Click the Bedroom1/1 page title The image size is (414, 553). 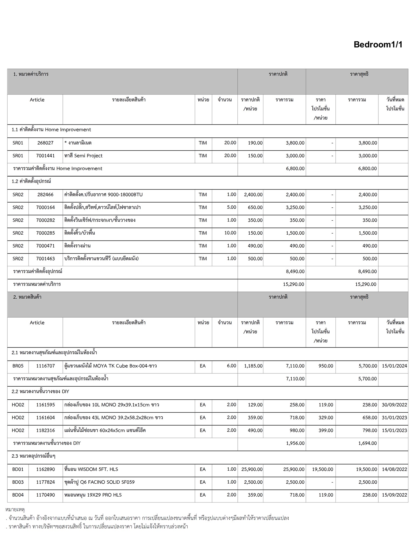coord(378,45)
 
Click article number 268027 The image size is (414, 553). coord(45,143)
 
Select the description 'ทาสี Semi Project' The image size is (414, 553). coord(83,156)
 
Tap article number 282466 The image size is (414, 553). coord(45,195)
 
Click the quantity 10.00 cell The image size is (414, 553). coord(230,233)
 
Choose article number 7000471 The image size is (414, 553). coord(45,246)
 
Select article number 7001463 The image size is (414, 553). coord(45,259)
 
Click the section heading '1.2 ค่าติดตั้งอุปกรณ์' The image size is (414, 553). coord(31,181)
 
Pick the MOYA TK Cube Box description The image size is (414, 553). coord(111,366)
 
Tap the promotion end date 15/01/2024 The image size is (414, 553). coord(394,366)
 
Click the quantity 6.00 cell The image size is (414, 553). coord(231,366)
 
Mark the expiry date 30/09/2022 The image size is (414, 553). coord(394,405)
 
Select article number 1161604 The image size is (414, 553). coord(45,418)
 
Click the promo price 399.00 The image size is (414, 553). coord(326,430)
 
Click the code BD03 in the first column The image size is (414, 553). coord(18,482)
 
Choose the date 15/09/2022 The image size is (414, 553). coord(394,495)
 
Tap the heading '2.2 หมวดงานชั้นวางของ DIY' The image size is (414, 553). coord(40,392)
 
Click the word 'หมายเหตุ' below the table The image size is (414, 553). coord(15,510)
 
